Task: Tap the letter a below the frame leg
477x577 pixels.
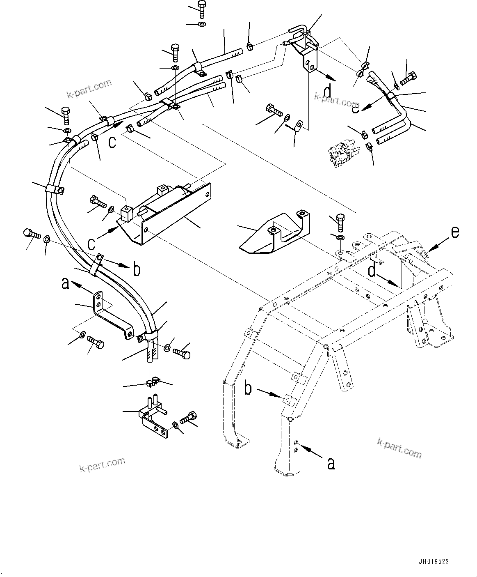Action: click(331, 463)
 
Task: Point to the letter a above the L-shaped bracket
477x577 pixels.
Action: click(65, 283)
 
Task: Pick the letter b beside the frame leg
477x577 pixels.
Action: click(248, 388)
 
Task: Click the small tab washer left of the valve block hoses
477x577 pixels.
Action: click(299, 124)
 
